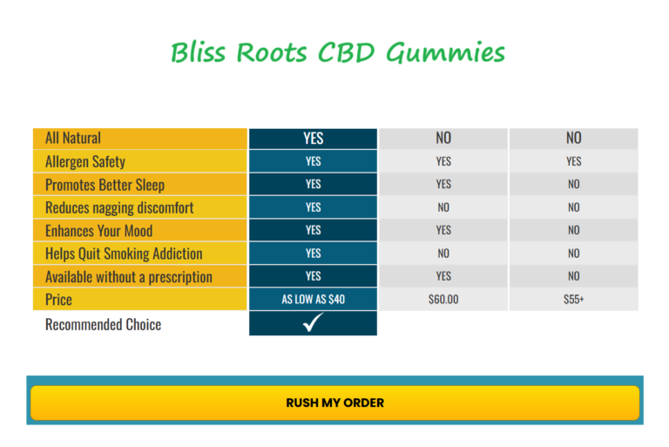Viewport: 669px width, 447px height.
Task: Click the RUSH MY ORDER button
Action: coord(334,403)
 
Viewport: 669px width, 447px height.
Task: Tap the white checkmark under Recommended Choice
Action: coord(313,323)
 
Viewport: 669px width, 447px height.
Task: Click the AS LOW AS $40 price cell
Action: coord(313,299)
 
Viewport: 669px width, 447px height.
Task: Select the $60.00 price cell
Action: coord(443,299)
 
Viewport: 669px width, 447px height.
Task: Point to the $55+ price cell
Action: coord(573,299)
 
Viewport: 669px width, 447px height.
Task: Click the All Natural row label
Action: coord(73,138)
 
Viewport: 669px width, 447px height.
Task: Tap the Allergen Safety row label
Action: coord(85,161)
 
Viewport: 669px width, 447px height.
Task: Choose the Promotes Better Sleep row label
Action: coord(105,185)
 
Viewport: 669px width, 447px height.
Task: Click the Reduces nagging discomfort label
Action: coord(119,207)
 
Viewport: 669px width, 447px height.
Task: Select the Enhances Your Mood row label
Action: coord(98,231)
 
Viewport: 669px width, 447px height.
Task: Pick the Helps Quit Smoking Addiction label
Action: coord(124,254)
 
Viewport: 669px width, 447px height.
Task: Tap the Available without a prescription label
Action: coord(129,277)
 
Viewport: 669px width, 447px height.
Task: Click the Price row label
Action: coord(58,300)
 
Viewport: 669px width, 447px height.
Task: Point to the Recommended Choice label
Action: coord(103,324)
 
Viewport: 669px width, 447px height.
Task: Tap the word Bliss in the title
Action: coord(197,52)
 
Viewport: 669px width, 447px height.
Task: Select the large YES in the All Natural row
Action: coord(313,138)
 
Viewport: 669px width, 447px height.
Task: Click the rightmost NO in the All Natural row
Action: coord(573,138)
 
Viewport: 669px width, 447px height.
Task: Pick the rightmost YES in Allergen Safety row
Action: coord(573,161)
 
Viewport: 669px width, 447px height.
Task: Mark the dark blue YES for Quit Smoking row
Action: coord(313,254)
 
